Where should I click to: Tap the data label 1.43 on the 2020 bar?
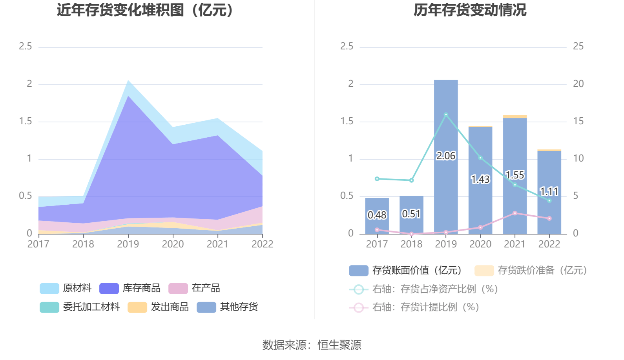click(x=480, y=179)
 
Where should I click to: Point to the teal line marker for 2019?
click(x=446, y=115)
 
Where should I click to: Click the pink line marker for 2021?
click(x=515, y=213)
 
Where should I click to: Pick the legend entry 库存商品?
click(x=130, y=288)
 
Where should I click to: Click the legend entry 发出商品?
click(x=158, y=307)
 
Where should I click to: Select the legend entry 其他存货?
click(x=228, y=307)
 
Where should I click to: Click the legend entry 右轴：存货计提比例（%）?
click(x=414, y=307)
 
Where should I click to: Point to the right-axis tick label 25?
click(x=578, y=47)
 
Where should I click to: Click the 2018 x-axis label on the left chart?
click(x=83, y=244)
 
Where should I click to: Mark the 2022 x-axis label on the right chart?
click(x=549, y=244)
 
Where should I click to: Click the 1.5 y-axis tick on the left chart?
click(x=26, y=122)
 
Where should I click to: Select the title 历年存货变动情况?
click(x=470, y=10)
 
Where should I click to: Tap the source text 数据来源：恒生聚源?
click(x=312, y=345)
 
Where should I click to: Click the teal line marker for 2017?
click(x=377, y=179)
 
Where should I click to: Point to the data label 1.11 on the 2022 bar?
click(x=549, y=192)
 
